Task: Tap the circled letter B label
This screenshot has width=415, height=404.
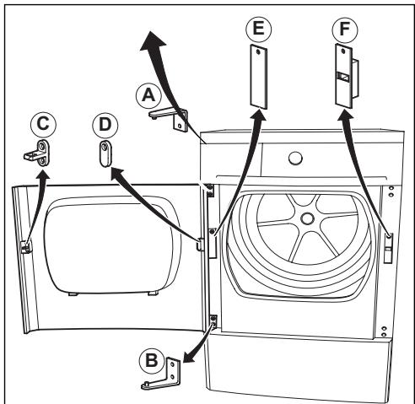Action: tap(152, 360)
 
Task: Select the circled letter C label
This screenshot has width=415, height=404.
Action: tap(43, 125)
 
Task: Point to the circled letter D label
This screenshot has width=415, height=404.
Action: tap(105, 125)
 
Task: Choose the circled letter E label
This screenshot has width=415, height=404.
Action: tap(259, 29)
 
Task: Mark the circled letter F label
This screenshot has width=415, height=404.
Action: tap(345, 30)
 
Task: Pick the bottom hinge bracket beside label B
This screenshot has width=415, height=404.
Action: tap(162, 374)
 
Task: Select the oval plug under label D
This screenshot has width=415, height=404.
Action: tap(105, 154)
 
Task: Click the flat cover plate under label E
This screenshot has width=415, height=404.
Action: tap(259, 77)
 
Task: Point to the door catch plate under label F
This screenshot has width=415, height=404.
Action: tap(347, 76)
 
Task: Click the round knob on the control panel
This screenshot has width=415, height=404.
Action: tap(295, 159)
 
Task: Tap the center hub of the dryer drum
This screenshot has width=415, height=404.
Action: tap(307, 218)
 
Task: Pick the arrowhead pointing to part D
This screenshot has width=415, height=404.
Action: tap(117, 173)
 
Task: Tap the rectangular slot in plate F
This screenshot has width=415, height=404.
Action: tap(343, 77)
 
